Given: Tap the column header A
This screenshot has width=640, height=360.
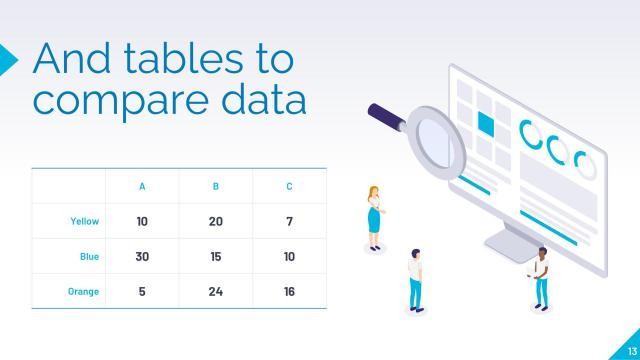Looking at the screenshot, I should coord(142,186).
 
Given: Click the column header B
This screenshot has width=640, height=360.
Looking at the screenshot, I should coord(216,186).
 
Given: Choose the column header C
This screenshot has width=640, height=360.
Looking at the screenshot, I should coord(289,186).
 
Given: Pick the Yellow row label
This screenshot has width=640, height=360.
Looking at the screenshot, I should coord(84,221).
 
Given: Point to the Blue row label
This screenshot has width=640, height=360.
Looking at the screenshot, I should coord(89,257).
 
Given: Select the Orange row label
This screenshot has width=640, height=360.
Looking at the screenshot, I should coord(83,291).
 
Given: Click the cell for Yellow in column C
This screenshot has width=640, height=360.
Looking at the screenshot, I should coord(289,221).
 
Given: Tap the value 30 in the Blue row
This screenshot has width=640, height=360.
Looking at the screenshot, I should coord(142,257).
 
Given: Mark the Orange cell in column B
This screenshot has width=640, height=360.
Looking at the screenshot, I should coord(216,291).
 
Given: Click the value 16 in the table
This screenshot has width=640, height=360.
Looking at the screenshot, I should coord(289,291).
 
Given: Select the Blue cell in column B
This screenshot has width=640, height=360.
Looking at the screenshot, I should coord(216,257).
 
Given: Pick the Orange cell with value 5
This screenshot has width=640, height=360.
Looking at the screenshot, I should coord(142,291).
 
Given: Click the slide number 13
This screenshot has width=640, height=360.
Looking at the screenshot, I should coord(630,349).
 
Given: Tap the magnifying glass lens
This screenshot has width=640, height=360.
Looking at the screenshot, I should coord(437,139).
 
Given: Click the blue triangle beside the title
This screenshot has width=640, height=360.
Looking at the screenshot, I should coord(7,59).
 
